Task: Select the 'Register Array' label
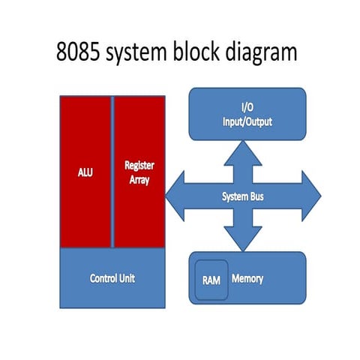tap(139, 171)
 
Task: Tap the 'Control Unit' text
tap(112, 278)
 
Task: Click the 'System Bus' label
tap(247, 196)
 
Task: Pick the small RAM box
tap(211, 280)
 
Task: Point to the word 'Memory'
tap(247, 279)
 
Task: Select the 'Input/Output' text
tap(247, 121)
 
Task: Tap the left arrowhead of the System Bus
tap(174, 196)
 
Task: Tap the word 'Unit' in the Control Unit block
tap(125, 278)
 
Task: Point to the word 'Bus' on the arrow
tap(261, 196)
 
